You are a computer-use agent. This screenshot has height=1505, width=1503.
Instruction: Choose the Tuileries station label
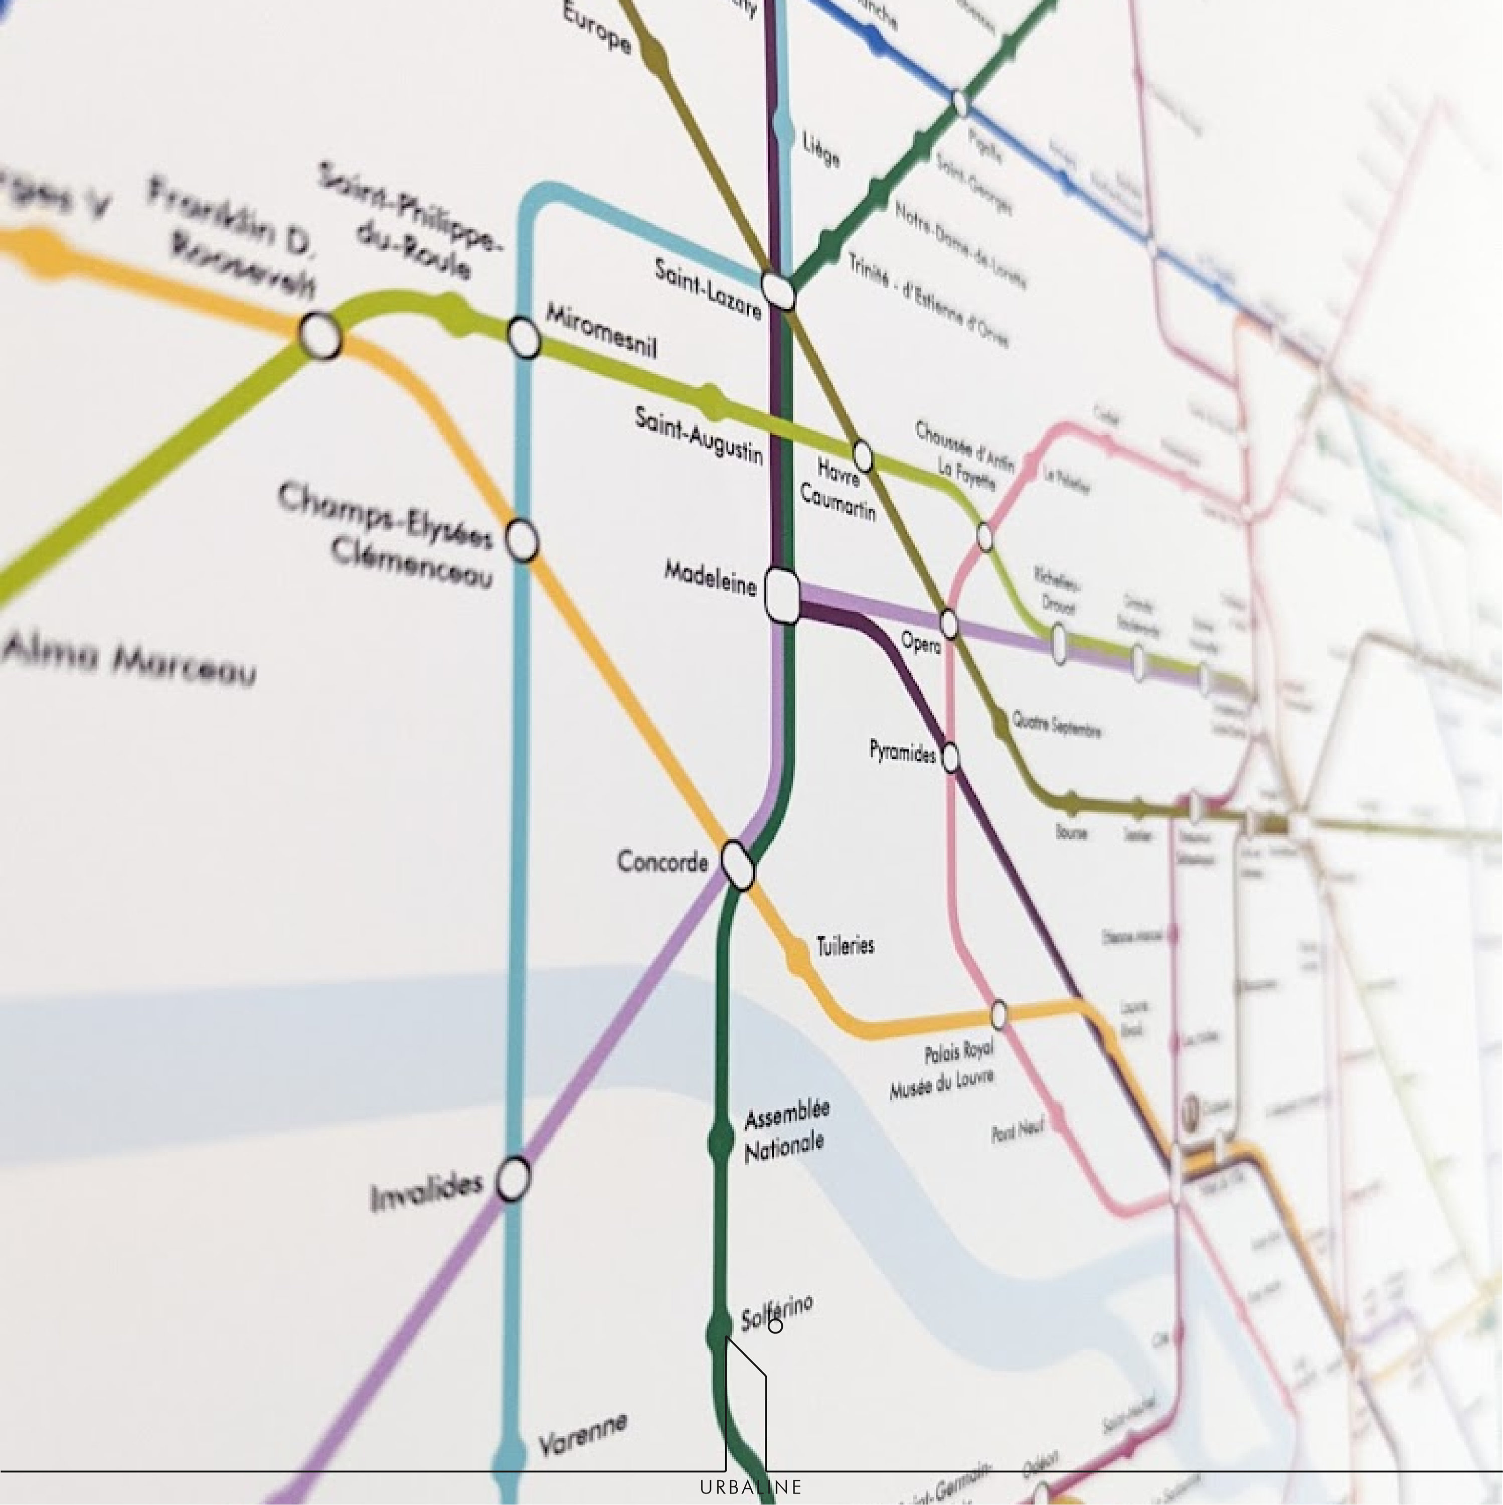[x=845, y=946]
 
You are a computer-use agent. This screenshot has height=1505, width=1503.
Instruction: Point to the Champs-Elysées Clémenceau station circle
[x=523, y=540]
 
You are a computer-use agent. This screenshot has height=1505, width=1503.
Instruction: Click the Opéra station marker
[x=948, y=623]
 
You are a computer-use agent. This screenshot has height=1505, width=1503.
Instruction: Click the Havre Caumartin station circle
[x=863, y=454]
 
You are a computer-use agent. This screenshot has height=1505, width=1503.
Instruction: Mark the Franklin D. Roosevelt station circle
[x=320, y=336]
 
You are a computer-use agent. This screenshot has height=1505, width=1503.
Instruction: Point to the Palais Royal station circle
[x=998, y=1014]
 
